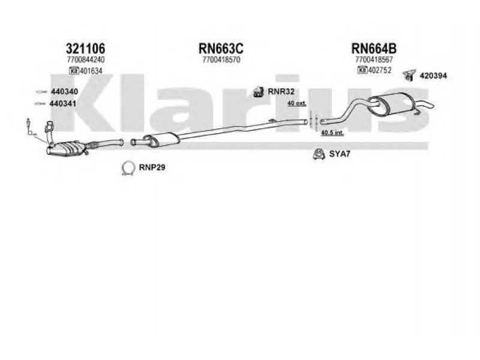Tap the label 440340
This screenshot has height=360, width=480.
pos(64,91)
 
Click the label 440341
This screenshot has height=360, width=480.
pos(64,103)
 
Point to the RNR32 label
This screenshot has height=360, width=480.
pos(280,92)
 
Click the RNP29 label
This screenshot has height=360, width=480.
pos(152,167)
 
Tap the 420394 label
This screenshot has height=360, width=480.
pos(434,75)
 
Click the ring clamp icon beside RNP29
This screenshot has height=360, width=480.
pos(127,168)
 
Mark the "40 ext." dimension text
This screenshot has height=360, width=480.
pos(296,104)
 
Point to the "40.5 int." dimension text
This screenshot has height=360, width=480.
pos(332,132)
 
